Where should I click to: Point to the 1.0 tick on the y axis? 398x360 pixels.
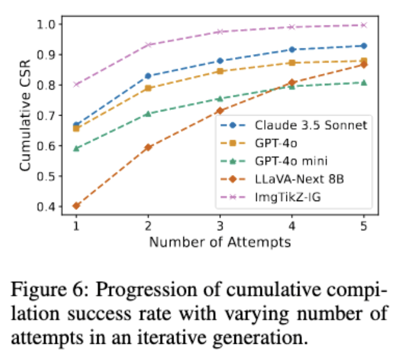point(52,24)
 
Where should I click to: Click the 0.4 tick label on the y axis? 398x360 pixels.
point(52,207)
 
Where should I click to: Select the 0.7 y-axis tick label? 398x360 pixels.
point(52,115)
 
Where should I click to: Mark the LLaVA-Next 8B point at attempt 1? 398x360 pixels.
point(76,205)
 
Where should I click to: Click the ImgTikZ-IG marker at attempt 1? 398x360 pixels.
point(76,84)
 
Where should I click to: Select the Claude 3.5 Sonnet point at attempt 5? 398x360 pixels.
point(364,46)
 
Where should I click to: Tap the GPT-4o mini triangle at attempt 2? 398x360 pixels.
point(148,114)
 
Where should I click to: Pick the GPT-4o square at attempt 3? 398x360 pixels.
point(220,71)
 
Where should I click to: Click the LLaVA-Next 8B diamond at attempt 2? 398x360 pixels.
point(148,147)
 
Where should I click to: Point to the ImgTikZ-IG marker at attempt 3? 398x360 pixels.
point(220,31)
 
